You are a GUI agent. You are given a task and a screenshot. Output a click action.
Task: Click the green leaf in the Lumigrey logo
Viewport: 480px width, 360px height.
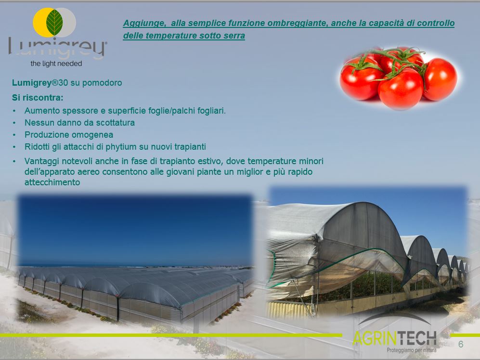pos(54,22)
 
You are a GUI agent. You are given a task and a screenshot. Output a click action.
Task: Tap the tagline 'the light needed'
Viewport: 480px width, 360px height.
pos(56,64)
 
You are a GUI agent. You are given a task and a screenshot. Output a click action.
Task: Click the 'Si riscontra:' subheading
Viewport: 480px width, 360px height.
pos(38,98)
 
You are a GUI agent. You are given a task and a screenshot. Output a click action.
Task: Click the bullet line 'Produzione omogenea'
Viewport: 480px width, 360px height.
pos(69,135)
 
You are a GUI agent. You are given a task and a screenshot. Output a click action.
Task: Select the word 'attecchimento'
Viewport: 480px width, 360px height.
pos(52,182)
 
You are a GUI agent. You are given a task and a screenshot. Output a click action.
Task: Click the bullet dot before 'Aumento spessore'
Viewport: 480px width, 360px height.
pos(14,111)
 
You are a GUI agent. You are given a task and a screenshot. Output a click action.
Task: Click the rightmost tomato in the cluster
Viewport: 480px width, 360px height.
pos(440,79)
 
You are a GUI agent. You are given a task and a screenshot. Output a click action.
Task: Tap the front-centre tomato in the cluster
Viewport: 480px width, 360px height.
pos(401,89)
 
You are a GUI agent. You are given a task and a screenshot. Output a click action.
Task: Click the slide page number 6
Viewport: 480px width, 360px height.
pos(461,345)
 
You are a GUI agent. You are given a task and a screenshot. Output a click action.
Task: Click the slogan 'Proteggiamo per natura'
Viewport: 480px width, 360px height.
pos(412,350)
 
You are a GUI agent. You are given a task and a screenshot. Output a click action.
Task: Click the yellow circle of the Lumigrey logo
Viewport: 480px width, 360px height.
pos(41,22)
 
